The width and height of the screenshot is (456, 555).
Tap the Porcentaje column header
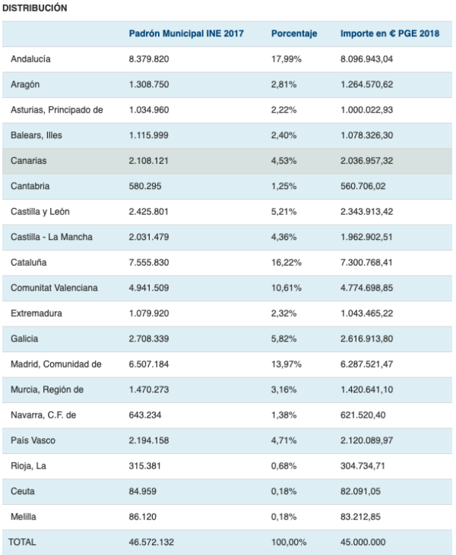(294, 34)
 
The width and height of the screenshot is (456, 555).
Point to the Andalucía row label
(30, 59)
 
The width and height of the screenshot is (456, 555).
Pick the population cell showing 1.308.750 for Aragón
(149, 85)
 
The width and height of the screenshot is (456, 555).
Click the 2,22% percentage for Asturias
(286, 110)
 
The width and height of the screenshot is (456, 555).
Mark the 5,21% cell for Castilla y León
(286, 212)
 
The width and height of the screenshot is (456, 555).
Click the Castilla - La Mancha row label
(51, 238)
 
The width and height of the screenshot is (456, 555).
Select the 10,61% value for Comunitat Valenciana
(288, 289)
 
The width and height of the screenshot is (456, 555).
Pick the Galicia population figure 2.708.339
(149, 339)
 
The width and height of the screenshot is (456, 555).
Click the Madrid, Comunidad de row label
(55, 364)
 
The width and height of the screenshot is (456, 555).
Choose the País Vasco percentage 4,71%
(286, 441)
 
